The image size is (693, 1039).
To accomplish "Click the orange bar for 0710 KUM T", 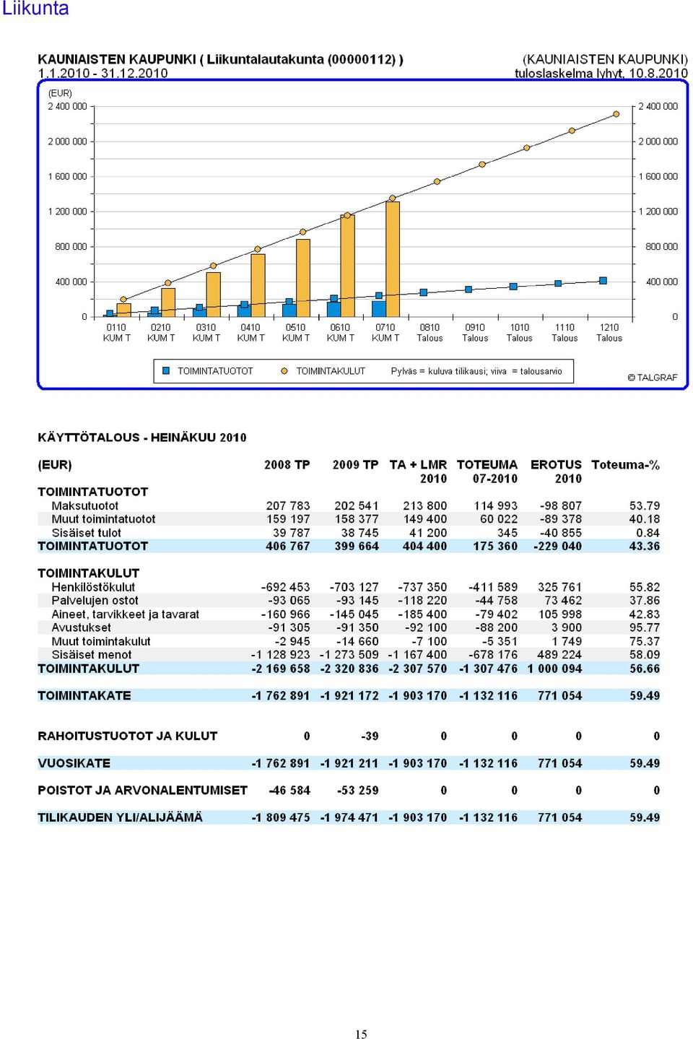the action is [393, 258].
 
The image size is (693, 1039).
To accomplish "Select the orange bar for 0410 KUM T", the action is [258, 285].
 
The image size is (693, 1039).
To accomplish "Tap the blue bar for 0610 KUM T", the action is [334, 309].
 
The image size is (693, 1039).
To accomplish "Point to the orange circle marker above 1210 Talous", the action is [616, 114].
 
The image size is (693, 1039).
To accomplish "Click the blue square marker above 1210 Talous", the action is [603, 281].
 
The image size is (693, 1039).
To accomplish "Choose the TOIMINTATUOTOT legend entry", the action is [208, 371].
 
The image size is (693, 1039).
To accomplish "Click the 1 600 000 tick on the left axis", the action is [67, 176].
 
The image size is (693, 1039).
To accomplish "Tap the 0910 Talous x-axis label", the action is [475, 333].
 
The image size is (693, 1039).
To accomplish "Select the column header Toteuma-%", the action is [625, 465].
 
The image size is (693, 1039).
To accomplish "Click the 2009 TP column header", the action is [355, 465].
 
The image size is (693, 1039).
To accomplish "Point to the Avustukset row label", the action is [81, 627].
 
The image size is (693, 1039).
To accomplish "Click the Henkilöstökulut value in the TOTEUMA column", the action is [492, 587].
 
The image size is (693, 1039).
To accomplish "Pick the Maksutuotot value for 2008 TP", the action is [287, 505].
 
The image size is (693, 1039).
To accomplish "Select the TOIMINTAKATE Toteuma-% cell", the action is [645, 695].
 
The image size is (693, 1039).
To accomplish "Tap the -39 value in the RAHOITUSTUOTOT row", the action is [370, 736].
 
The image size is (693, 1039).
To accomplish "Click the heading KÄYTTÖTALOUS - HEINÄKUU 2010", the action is [142, 438].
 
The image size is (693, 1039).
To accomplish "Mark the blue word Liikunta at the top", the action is [35, 9].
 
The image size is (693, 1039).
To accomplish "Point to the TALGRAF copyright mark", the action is [652, 378].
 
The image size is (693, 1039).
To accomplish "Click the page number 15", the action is [361, 1033].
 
